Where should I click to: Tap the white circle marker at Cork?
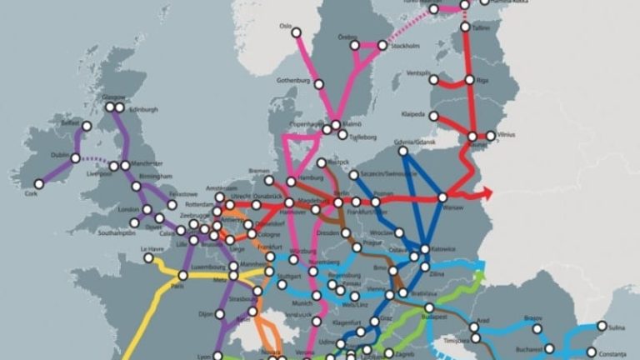(x=38, y=184)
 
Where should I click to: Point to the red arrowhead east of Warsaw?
(x=487, y=195)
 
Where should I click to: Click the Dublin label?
(x=61, y=155)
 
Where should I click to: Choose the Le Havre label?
(x=152, y=248)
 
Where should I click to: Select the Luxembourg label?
(x=208, y=267)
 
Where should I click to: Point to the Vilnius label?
(x=507, y=134)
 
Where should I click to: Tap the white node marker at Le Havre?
(x=150, y=257)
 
